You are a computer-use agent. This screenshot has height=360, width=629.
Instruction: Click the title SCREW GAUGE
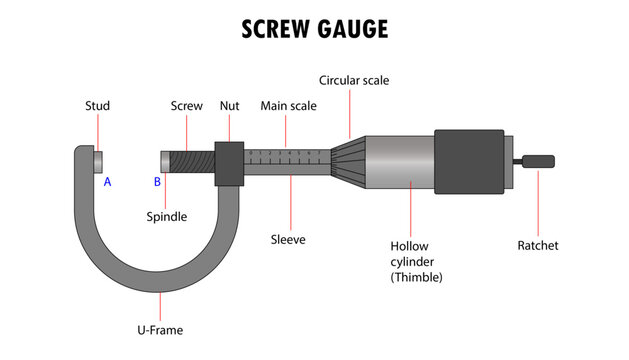point(314,29)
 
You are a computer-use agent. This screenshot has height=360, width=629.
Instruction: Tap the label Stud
point(98,106)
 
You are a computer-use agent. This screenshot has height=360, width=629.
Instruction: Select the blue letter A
point(108,182)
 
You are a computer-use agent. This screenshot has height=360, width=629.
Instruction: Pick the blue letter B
point(157,182)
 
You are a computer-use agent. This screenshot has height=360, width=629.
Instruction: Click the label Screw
point(187,106)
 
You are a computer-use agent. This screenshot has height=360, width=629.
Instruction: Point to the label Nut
point(230,106)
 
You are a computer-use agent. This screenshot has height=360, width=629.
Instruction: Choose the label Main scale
point(284,106)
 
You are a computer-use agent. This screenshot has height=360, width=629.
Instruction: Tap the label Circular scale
point(354,80)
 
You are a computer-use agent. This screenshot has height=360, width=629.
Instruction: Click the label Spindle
point(167,215)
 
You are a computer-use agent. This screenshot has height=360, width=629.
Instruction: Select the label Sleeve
point(288,240)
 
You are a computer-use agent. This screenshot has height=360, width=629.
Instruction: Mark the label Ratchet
point(538,245)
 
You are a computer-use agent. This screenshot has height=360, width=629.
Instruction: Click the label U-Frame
point(160,329)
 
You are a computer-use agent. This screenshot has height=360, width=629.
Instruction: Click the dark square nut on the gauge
point(230,162)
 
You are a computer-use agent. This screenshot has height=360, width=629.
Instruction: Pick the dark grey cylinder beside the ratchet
point(470,162)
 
